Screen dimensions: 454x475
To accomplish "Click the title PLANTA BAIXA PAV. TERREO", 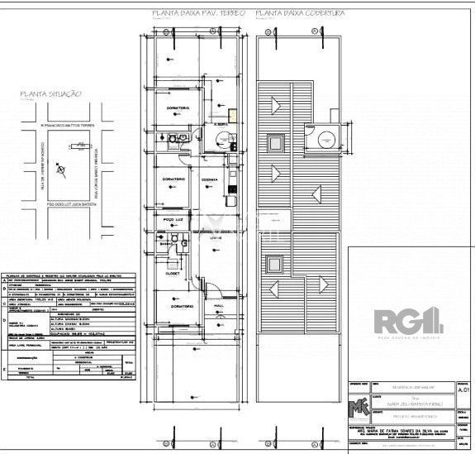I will point(198,14).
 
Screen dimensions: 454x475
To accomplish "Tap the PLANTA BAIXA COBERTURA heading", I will point(300,14).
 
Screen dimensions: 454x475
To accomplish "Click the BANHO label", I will point(165,244).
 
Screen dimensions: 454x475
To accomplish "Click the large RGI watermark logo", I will point(410,318).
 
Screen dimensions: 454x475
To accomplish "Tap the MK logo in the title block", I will point(360,407).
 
